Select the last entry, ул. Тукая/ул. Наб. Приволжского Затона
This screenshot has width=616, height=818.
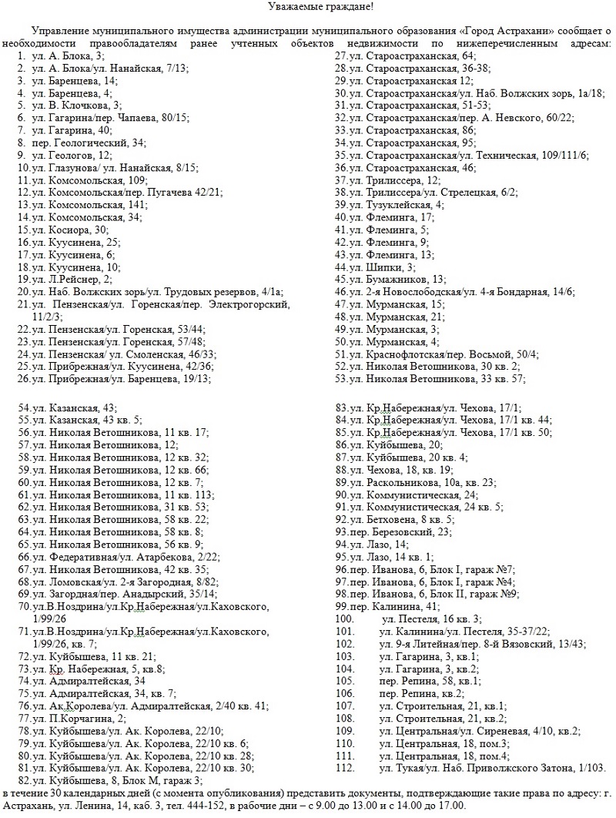click(x=492, y=768)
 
